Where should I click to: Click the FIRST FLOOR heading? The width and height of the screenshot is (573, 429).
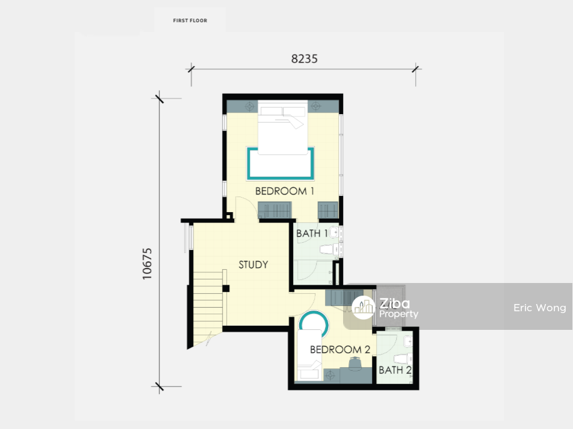pyautogui.click(x=190, y=20)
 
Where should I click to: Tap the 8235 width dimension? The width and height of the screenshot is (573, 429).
pyautogui.click(x=305, y=59)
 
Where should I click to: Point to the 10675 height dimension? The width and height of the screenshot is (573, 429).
pyautogui.click(x=147, y=264)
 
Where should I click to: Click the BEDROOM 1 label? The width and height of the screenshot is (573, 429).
pyautogui.click(x=285, y=191)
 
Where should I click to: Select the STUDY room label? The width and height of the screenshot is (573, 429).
pyautogui.click(x=253, y=264)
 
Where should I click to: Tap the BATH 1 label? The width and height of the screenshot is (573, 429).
pyautogui.click(x=312, y=234)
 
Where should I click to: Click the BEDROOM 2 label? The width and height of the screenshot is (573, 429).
pyautogui.click(x=340, y=350)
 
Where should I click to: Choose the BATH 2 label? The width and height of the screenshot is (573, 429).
pyautogui.click(x=395, y=370)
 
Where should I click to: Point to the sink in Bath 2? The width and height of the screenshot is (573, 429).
pyautogui.click(x=408, y=342)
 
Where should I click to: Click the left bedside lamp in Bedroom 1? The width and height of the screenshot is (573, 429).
pyautogui.click(x=250, y=106)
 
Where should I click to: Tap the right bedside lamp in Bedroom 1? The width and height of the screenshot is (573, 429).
pyautogui.click(x=316, y=106)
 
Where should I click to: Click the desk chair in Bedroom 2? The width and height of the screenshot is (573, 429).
pyautogui.click(x=355, y=363)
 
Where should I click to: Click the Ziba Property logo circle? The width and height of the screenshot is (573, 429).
pyautogui.click(x=364, y=308)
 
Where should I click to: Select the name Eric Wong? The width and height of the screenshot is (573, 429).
pyautogui.click(x=540, y=308)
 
